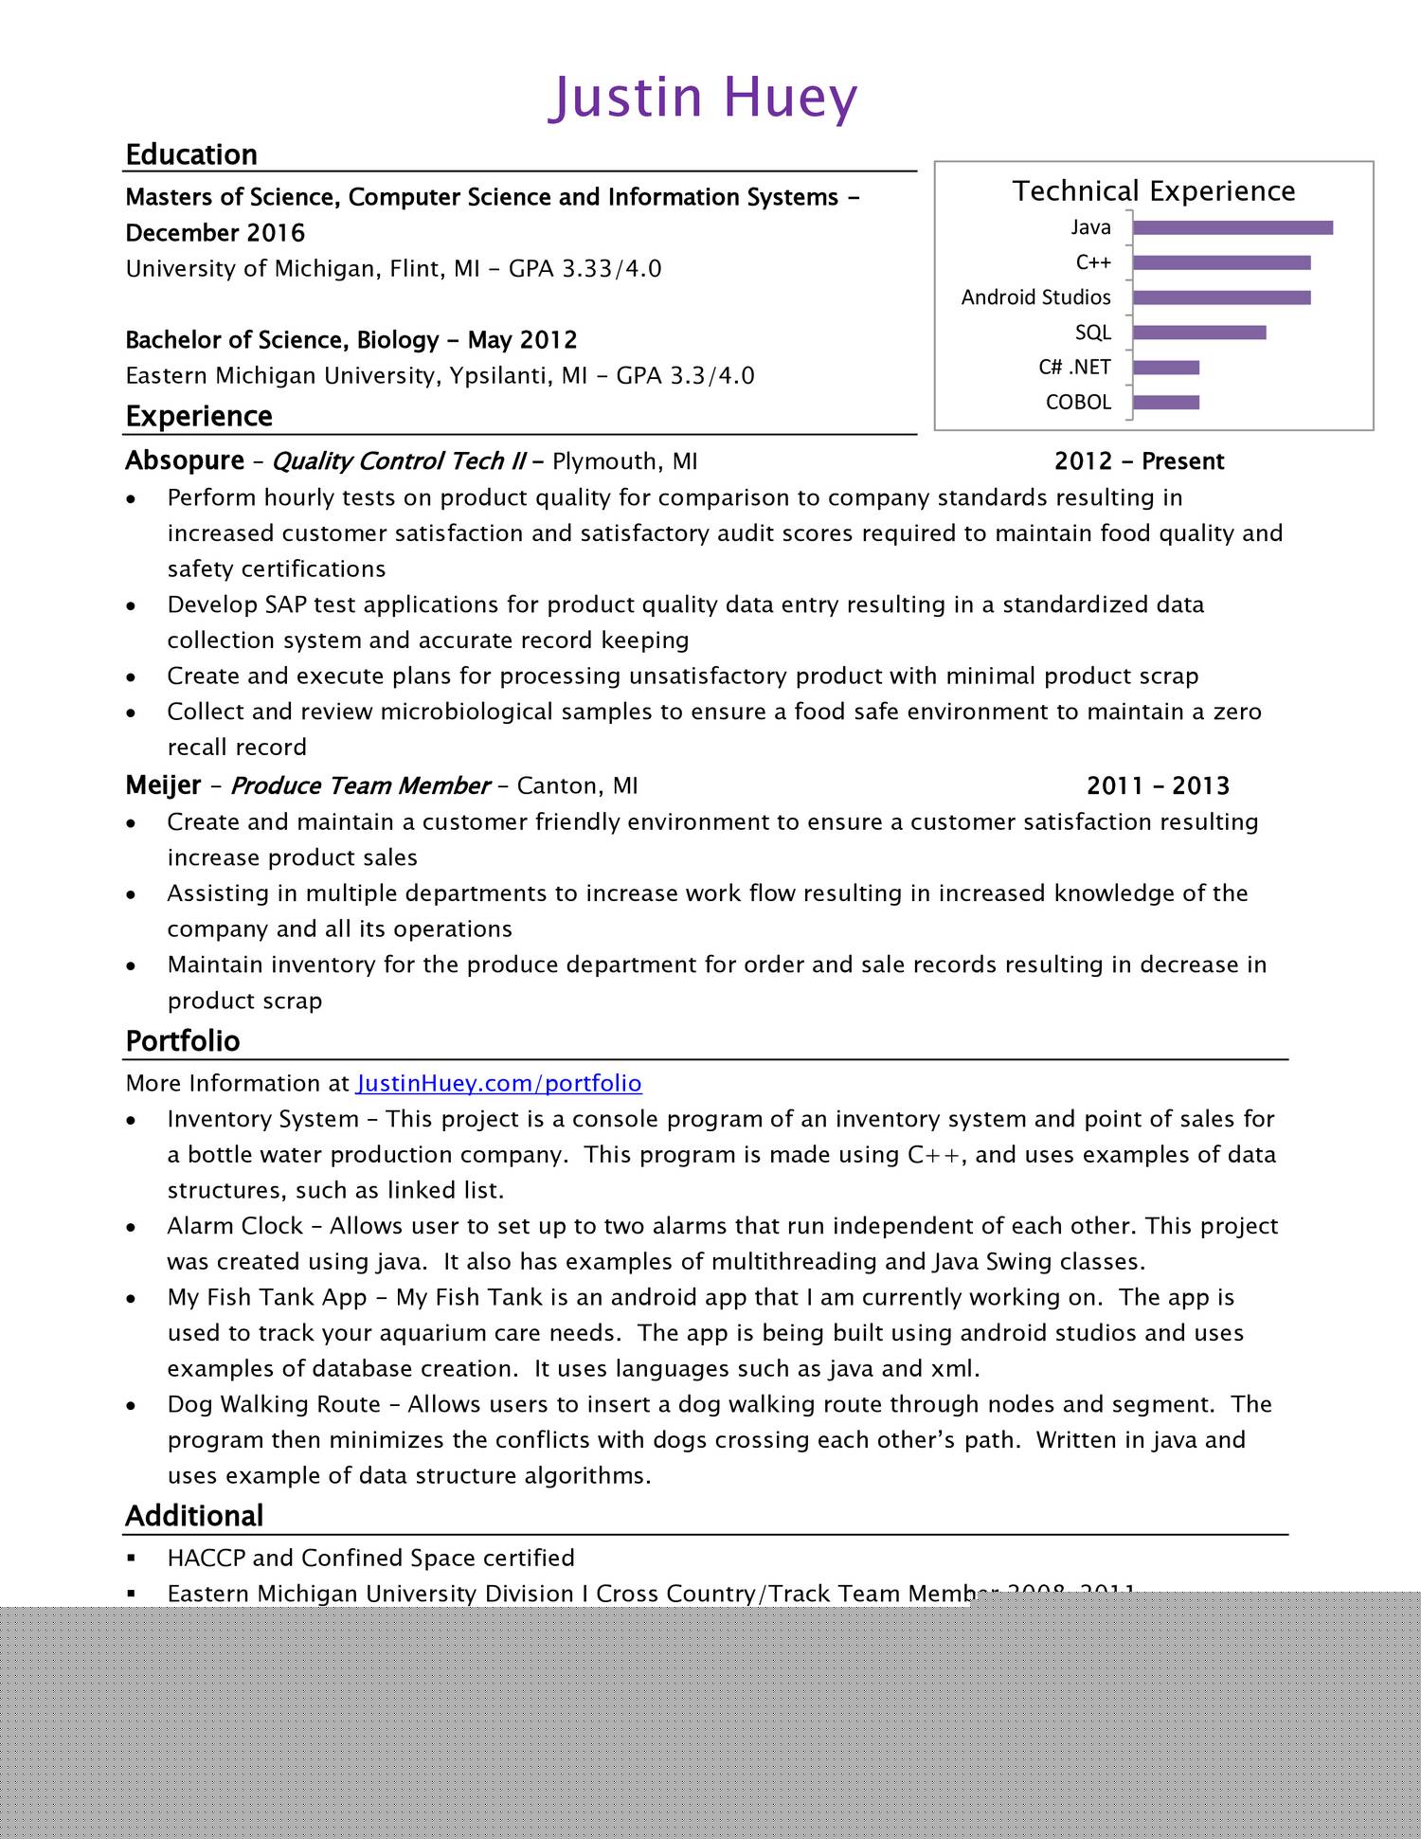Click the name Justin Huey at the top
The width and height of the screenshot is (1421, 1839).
pos(703,98)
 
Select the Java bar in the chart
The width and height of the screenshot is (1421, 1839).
pos(1232,227)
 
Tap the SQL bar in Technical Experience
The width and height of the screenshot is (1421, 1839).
pos(1198,333)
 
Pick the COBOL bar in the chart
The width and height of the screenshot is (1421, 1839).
pos(1165,403)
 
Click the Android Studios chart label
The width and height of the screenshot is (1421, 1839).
pos(1035,297)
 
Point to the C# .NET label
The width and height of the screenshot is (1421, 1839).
pos(1074,368)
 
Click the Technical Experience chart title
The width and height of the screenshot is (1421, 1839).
pos(1153,191)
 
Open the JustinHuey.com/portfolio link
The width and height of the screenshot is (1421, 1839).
pos(499,1083)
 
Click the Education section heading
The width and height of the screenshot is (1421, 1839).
pos(191,154)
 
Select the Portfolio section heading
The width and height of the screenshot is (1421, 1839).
pos(183,1041)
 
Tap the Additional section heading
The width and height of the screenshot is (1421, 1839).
pos(194,1516)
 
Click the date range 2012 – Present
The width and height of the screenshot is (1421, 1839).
pos(1139,461)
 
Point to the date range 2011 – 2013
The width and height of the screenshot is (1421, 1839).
pos(1158,785)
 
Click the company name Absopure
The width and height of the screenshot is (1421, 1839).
pos(185,460)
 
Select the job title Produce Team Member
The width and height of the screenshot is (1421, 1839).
pos(360,785)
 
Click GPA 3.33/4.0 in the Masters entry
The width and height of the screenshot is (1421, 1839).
pos(585,269)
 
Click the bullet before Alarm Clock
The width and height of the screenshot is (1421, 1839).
pos(132,1227)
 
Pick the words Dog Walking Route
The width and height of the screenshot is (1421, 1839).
pos(274,1404)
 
